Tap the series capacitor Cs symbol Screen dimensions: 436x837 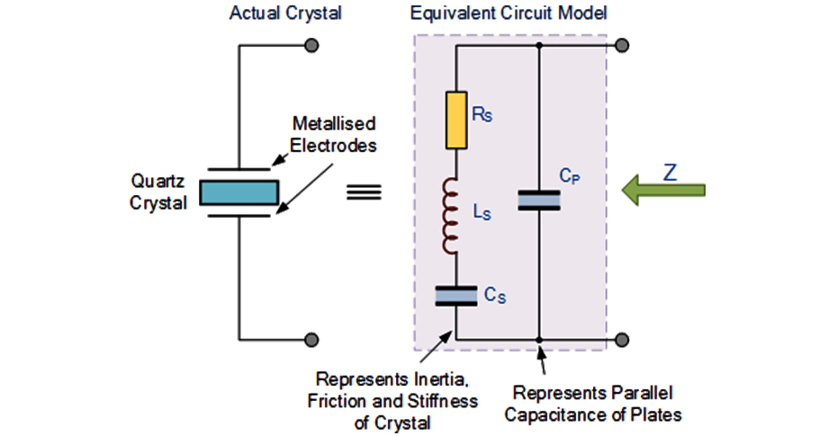(456, 296)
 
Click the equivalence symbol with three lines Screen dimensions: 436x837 (364, 192)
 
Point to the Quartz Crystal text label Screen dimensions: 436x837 (158, 192)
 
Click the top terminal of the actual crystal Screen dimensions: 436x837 (311, 45)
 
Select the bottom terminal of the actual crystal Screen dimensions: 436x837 (311, 339)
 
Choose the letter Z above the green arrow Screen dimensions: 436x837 (670, 171)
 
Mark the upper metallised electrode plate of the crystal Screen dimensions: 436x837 (238, 168)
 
